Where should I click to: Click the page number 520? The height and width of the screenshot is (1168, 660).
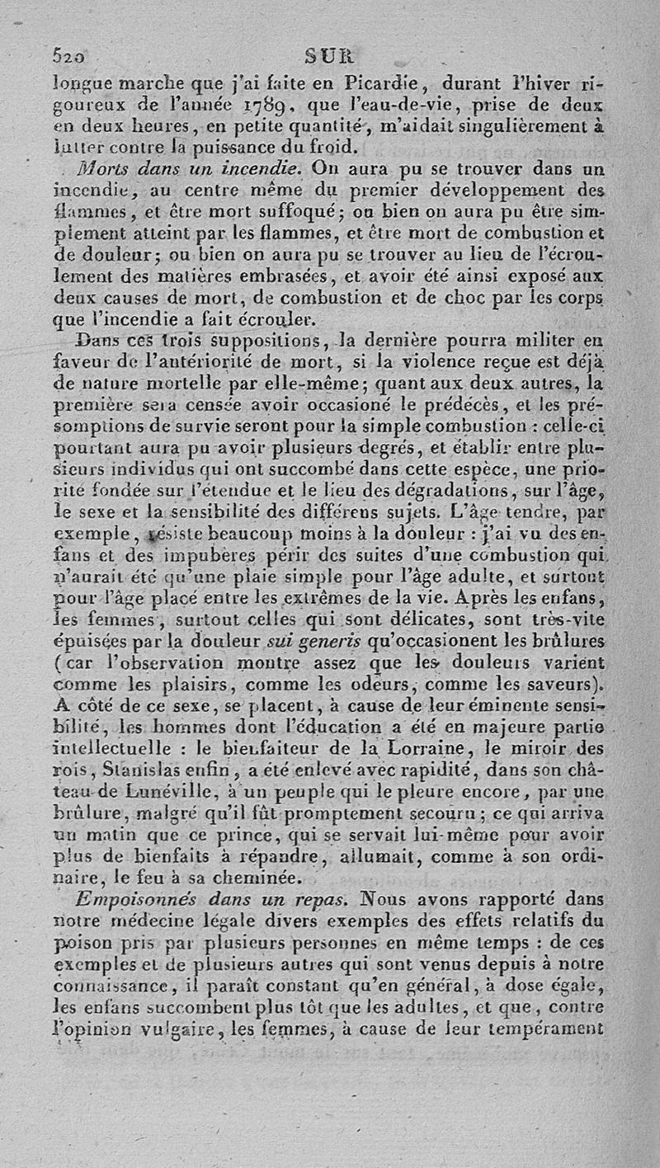[70, 57]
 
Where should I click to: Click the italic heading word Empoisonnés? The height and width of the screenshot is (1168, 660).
[125, 899]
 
